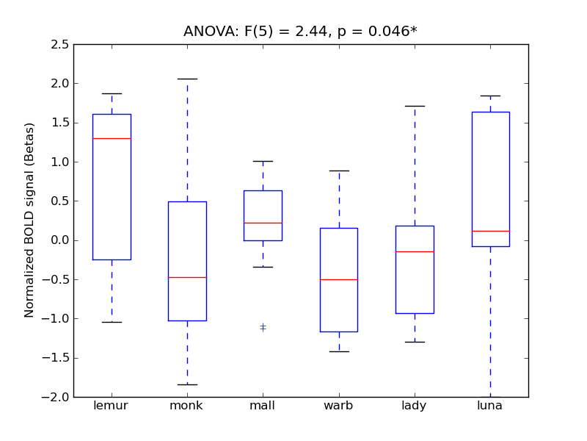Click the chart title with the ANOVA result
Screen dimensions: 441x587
pyautogui.click(x=300, y=31)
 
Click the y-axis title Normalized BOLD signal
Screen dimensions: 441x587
pyautogui.click(x=29, y=220)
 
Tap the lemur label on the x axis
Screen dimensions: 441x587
pyautogui.click(x=112, y=406)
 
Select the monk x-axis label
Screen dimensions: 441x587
pyautogui.click(x=187, y=406)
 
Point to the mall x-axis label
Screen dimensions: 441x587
pyautogui.click(x=263, y=406)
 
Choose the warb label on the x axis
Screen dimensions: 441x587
pyautogui.click(x=338, y=406)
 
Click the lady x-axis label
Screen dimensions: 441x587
pyautogui.click(x=414, y=406)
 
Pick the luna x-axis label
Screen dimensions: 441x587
pyautogui.click(x=489, y=406)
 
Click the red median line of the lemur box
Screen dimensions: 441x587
pyautogui.click(x=112, y=138)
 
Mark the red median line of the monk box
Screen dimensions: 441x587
pyautogui.click(x=187, y=277)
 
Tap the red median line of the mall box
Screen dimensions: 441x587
pyautogui.click(x=263, y=223)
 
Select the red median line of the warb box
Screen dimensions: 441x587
pyautogui.click(x=338, y=279)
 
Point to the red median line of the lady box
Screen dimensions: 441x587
pyautogui.click(x=414, y=251)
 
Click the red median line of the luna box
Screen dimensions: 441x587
pyautogui.click(x=489, y=231)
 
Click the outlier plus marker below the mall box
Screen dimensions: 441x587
pyautogui.click(x=263, y=327)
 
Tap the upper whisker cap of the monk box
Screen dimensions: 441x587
pyautogui.click(x=187, y=79)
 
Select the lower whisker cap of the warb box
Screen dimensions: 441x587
pyautogui.click(x=338, y=351)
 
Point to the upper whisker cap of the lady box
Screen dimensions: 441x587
pyautogui.click(x=414, y=106)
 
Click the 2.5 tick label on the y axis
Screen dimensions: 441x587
pyautogui.click(x=60, y=45)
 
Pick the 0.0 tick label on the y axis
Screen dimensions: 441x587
pyautogui.click(x=60, y=240)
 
